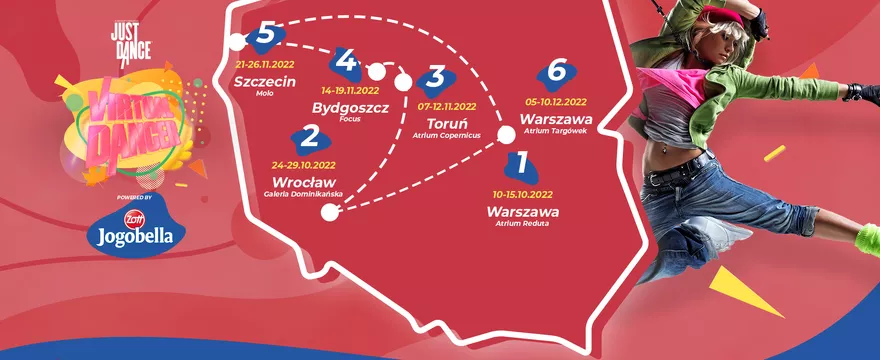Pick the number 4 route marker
[346, 62]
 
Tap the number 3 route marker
[435, 78]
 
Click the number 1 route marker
[518, 162]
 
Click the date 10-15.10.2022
[523, 192]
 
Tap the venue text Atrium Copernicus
[446, 135]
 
